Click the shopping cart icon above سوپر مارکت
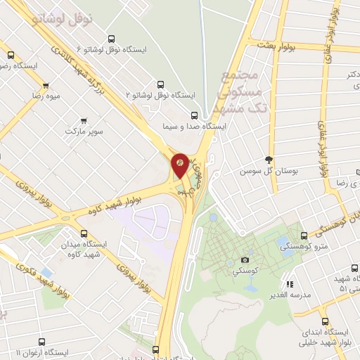coord(84,120)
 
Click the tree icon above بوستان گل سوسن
coord(268,160)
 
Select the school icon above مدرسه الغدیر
coord(289,284)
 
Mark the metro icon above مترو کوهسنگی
coord(303,236)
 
